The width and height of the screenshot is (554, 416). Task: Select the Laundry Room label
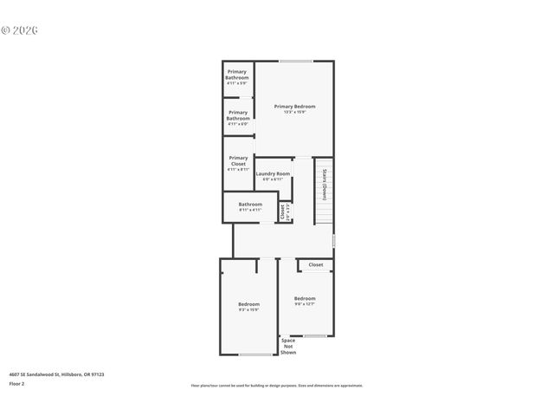(273, 176)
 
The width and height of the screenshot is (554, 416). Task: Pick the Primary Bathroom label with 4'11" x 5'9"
(237, 77)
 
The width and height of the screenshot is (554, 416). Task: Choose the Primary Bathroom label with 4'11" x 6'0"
(238, 118)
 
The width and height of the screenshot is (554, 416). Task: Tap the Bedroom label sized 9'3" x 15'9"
(249, 306)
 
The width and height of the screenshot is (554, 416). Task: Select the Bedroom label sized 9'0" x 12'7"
(305, 301)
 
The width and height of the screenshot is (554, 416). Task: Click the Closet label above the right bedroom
(316, 265)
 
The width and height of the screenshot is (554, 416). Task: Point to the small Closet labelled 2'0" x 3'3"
(284, 211)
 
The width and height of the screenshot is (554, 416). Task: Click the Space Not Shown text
(288, 347)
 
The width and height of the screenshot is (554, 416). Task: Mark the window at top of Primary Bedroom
(296, 61)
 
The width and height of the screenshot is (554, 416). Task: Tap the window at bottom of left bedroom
(255, 354)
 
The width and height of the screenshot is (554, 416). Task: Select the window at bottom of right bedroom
(315, 336)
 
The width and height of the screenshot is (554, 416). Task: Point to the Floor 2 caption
(17, 383)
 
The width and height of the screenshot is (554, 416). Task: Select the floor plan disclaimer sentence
(277, 386)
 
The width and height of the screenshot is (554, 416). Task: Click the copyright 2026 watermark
(21, 30)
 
